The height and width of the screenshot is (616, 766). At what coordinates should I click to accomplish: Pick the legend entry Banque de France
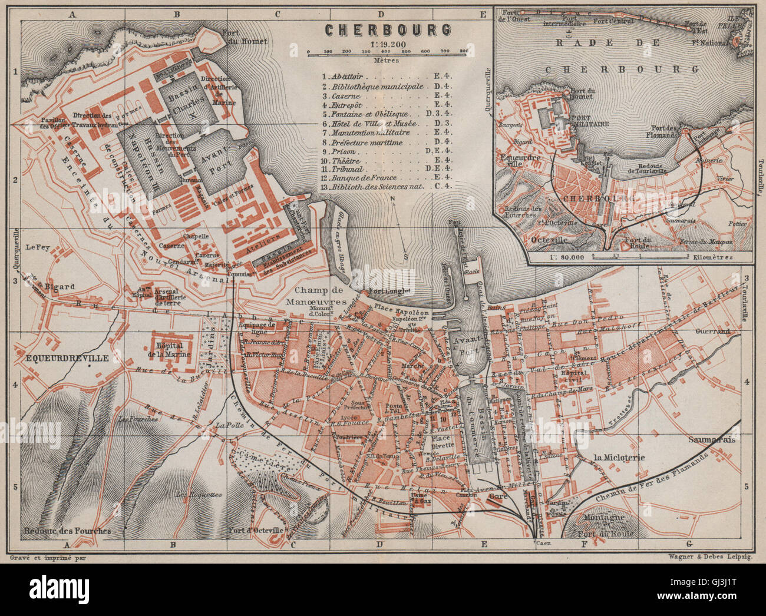[x=363, y=177]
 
